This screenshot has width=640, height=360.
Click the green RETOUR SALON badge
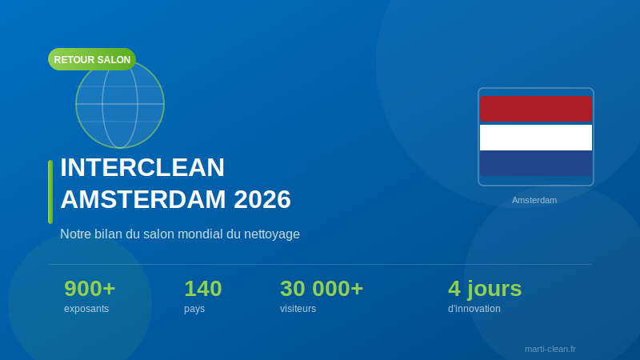(92, 59)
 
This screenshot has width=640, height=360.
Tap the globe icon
(120, 108)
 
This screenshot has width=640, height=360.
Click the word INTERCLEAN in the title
(142, 167)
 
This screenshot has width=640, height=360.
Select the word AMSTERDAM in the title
(143, 199)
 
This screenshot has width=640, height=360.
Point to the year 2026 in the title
(262, 199)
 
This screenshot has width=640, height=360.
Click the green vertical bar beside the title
(50, 192)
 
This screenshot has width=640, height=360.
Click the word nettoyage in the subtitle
(271, 234)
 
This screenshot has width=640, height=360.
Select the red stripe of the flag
(536, 108)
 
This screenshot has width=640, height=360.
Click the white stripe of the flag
(536, 137)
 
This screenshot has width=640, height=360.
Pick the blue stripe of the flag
(536, 163)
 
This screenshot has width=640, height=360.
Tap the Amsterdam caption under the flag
(534, 200)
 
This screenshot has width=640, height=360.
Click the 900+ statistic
(90, 288)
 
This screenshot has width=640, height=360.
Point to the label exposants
(86, 309)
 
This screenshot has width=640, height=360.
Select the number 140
(203, 288)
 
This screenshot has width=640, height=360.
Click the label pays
(194, 309)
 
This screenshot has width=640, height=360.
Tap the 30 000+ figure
(322, 288)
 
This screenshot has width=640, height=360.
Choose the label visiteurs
(298, 309)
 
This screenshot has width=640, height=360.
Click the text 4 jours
(485, 288)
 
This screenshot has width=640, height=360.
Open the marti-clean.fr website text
(550, 349)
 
